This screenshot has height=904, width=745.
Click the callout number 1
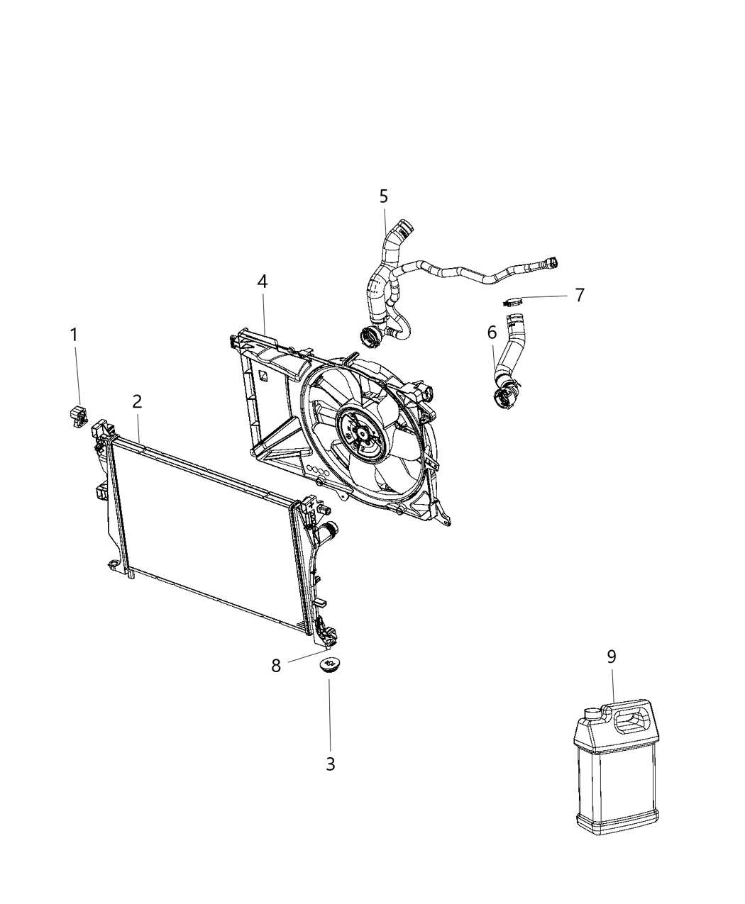[74, 335]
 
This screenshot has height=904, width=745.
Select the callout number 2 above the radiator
[137, 401]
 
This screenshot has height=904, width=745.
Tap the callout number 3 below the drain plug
[330, 764]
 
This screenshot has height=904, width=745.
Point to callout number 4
[263, 281]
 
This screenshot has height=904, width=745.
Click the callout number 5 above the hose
[384, 196]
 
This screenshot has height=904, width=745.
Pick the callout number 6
[492, 332]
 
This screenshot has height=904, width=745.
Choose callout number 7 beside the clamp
[580, 295]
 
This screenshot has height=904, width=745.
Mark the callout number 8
[276, 665]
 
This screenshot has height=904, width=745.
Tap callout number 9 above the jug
[612, 657]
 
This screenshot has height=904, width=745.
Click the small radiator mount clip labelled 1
[78, 416]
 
